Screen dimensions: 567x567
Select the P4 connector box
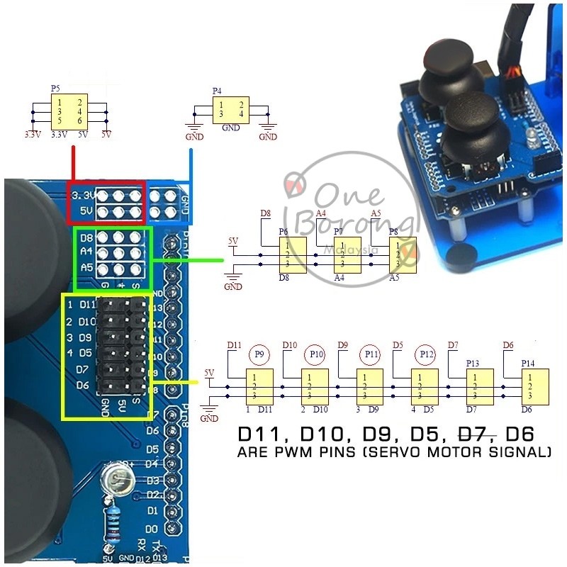(x=230, y=109)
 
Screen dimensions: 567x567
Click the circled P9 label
(x=258, y=353)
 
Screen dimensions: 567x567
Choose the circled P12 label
(x=426, y=353)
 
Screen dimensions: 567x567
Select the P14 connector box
(x=533, y=386)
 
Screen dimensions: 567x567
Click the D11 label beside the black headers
(x=86, y=305)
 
